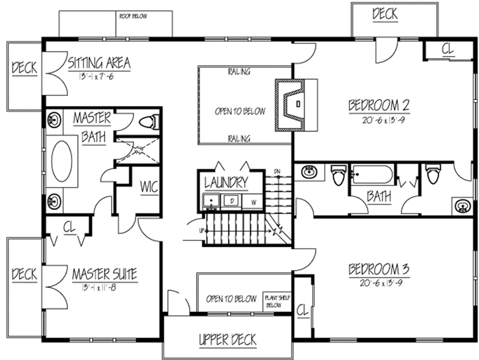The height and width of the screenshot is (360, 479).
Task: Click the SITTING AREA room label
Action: coord(99,63)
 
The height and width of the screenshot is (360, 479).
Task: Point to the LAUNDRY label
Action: coord(226,182)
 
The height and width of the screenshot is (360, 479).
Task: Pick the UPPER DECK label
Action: coord(227,340)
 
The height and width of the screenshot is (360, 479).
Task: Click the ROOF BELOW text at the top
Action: coord(133,15)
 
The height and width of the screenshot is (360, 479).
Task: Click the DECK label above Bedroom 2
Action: coord(386,14)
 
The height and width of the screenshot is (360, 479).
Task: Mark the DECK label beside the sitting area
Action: coord(24,68)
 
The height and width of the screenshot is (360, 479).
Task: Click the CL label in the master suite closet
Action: coord(69,227)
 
